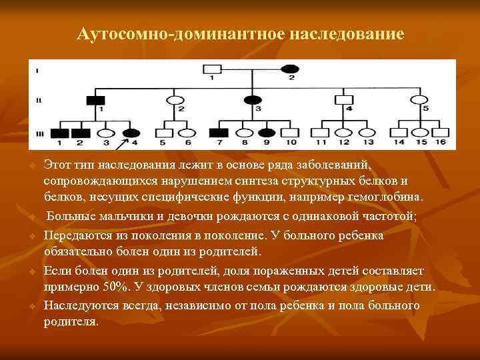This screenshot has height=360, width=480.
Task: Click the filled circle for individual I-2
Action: pos(290,68)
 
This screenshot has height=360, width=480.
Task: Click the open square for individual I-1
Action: pos(212,68)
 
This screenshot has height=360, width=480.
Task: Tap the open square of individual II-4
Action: pos(344,99)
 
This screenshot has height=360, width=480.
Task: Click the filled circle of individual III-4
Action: pos(131,132)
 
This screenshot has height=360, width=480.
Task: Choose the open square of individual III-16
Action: pos(439,132)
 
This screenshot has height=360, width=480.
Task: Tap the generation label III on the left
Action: pos(37,132)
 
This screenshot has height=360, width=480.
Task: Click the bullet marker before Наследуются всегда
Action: pos(31,306)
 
